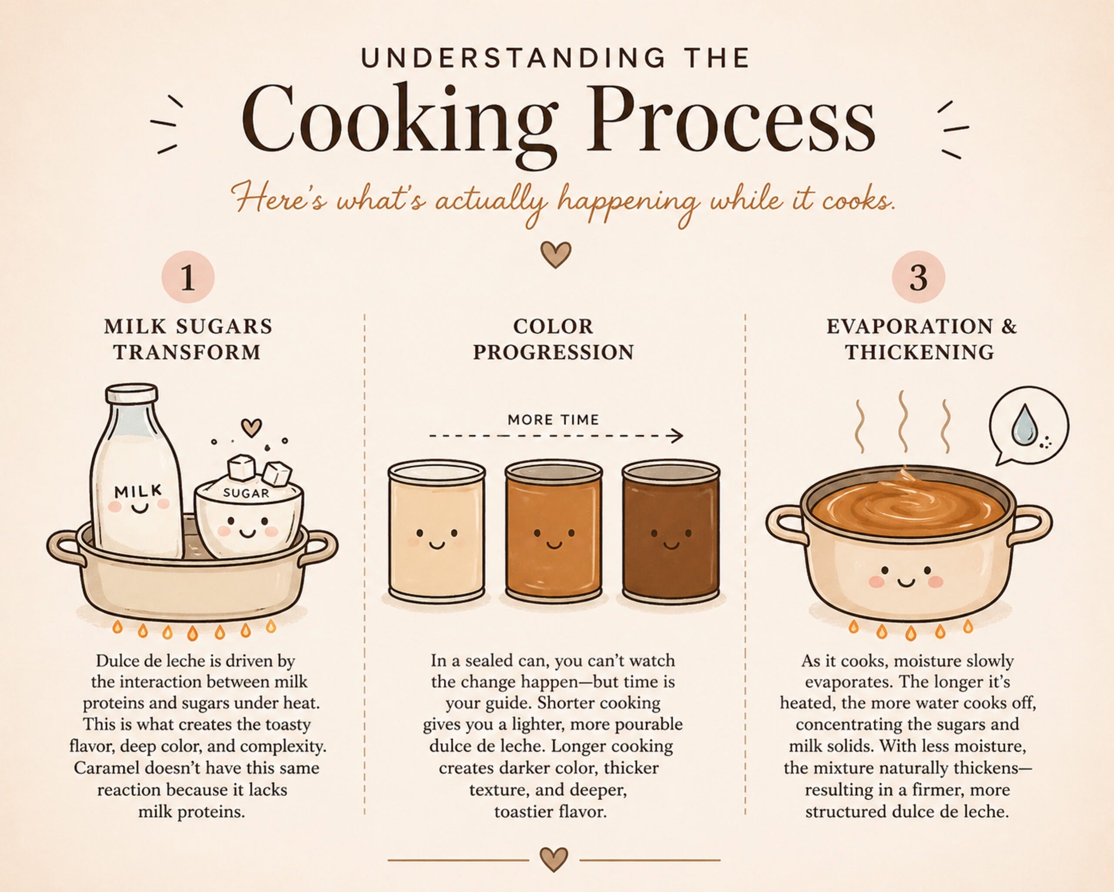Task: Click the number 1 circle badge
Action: tap(188, 277)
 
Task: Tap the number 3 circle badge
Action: tap(918, 277)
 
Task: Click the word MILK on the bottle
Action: tap(138, 491)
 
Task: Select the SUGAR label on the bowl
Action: tap(246, 493)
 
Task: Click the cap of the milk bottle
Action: tap(132, 394)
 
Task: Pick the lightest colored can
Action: tap(436, 532)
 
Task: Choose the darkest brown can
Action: tap(671, 532)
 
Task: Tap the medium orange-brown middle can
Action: tap(554, 532)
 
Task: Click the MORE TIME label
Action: tap(554, 420)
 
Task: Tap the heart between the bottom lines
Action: tap(554, 859)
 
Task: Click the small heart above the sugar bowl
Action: tap(252, 427)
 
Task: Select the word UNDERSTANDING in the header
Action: tap(513, 58)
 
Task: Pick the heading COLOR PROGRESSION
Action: tap(554, 339)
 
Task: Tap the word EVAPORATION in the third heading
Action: tap(909, 327)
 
